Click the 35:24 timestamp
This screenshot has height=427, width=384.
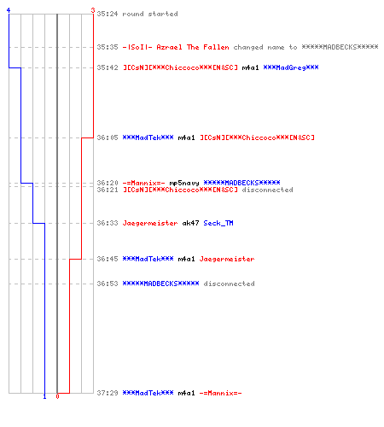108,14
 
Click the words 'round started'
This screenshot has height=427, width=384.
150,14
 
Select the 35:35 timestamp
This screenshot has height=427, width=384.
108,47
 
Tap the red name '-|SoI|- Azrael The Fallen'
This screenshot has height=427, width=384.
176,47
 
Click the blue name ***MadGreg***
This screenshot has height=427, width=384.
291,67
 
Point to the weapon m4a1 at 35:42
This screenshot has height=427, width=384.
250,67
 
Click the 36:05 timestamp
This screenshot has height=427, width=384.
108,137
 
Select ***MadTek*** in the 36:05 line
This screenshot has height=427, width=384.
148,137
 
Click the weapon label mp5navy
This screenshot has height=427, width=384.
184,183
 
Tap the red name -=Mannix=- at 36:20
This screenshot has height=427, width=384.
143,183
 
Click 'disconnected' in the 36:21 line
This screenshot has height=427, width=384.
267,190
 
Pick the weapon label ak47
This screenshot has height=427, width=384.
190,223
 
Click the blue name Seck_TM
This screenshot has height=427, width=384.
218,223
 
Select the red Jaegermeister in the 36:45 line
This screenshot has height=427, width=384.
227,259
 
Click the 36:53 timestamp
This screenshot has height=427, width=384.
108,284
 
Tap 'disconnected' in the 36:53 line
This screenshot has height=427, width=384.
229,284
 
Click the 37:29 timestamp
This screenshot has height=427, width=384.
108,393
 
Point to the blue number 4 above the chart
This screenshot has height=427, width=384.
9,10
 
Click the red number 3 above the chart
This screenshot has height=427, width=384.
93,10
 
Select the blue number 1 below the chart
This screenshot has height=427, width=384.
44,396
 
